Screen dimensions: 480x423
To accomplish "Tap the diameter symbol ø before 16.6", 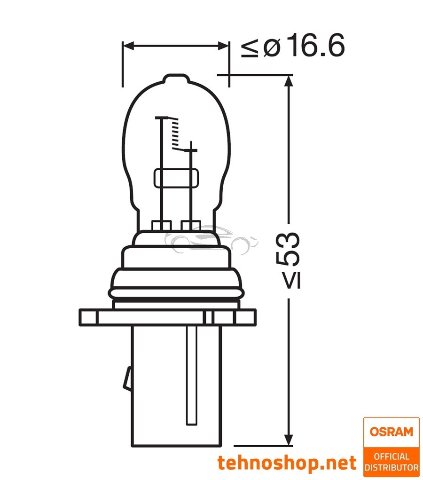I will (x=271, y=47).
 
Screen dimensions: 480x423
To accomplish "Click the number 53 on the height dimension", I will (x=287, y=249).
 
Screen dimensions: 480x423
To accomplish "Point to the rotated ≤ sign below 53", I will (x=287, y=281).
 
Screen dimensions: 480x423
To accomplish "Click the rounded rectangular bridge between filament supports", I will (x=176, y=178).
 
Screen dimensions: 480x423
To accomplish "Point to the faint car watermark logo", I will (x=214, y=240).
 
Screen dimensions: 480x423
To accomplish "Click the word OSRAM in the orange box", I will (x=391, y=431).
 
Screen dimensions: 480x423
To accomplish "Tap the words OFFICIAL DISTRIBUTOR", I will (x=391, y=462).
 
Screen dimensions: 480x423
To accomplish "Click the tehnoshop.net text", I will (x=287, y=463).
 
